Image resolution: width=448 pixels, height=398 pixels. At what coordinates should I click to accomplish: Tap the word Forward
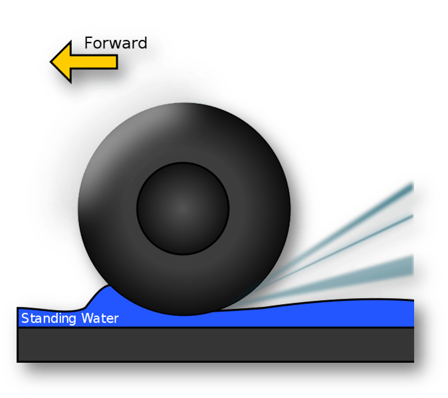tap(115, 44)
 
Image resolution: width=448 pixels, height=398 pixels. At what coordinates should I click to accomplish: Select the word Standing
tap(49, 318)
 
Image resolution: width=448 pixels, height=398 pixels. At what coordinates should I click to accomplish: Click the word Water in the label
tap(100, 318)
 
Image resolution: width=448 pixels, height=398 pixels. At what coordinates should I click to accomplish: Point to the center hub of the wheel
tap(183, 208)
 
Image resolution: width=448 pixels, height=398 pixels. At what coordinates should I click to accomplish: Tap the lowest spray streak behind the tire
tap(372, 273)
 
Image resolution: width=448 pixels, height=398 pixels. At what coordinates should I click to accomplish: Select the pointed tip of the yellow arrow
tap(55, 63)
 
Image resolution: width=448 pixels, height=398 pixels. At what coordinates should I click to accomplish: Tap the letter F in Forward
tap(88, 44)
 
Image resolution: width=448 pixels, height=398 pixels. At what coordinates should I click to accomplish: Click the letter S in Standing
tap(25, 318)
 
